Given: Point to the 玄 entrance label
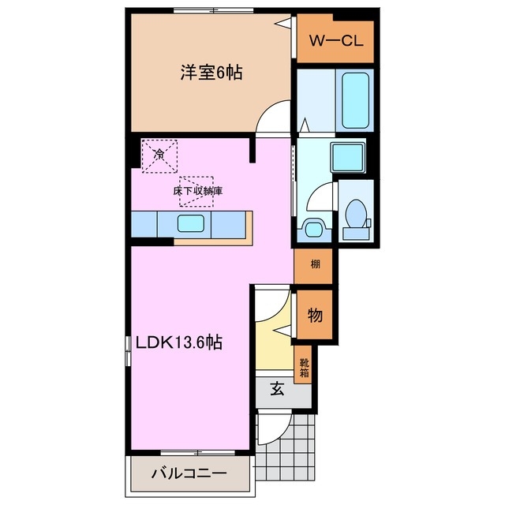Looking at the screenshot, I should point(278,387).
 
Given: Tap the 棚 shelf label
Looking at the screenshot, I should point(314,264).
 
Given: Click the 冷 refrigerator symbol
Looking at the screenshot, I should point(159,155).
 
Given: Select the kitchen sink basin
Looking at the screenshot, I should point(192,223).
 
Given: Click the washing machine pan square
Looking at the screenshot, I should point(347,156).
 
